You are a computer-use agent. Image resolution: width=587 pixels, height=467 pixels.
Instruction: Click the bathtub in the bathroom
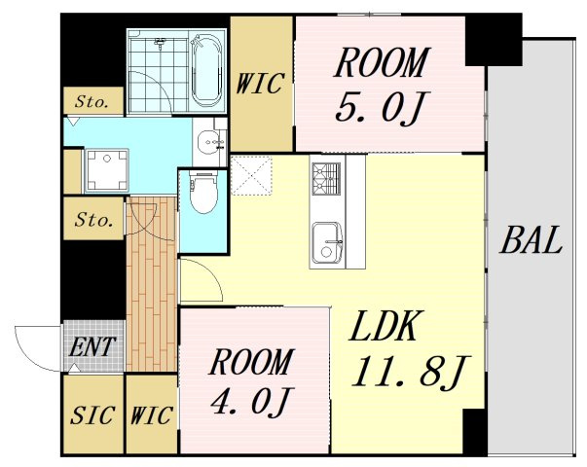point(207,69)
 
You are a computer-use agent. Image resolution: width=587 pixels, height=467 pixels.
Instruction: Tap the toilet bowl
point(203,194)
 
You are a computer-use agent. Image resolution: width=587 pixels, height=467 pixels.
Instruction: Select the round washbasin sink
point(209,146)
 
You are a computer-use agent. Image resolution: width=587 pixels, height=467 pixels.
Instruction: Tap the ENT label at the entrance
point(93,346)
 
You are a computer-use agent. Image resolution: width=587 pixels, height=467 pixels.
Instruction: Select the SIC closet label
point(93,415)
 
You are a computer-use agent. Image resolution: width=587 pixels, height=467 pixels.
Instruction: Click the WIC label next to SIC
point(151,415)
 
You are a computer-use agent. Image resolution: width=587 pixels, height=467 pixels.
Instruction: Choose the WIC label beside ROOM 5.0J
point(261,85)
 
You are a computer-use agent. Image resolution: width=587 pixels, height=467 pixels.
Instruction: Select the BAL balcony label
point(532,240)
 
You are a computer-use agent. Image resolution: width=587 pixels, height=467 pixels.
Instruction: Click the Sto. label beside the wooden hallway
point(93,220)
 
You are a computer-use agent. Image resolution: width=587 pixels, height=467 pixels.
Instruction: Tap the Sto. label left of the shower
point(93,100)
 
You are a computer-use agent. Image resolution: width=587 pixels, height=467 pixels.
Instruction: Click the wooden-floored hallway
point(151,292)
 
